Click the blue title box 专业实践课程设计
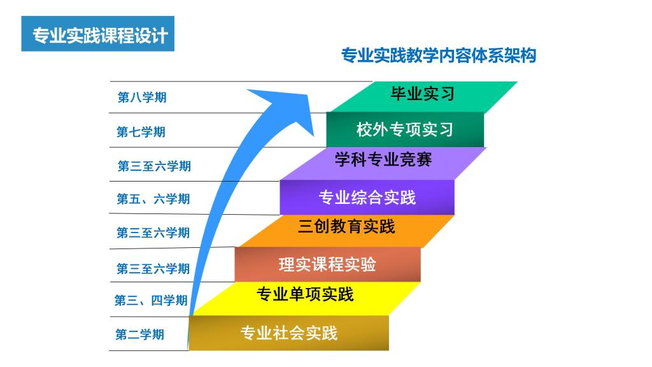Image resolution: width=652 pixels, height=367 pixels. (x=97, y=34)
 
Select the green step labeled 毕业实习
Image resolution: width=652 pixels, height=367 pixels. (x=423, y=97)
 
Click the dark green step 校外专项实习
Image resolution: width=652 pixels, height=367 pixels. (x=405, y=129)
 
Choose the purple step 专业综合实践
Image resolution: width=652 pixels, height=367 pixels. (x=367, y=198)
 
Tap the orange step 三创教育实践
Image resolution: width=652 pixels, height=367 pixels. (x=346, y=231)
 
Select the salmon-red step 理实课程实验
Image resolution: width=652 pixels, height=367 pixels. (x=328, y=264)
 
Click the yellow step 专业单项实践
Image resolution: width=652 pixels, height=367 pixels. (x=306, y=298)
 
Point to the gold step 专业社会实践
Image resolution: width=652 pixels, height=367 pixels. (x=289, y=333)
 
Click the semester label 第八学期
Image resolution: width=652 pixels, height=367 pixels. (x=142, y=97)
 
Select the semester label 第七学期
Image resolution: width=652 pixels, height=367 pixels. (x=141, y=132)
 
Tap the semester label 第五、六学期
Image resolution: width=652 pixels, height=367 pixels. (x=153, y=199)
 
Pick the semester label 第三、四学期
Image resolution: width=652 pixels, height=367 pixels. (x=151, y=300)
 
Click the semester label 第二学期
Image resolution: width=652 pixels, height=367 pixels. (x=139, y=334)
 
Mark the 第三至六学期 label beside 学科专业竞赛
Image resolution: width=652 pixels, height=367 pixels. (x=154, y=166)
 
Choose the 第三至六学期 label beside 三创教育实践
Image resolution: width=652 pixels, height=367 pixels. (x=153, y=233)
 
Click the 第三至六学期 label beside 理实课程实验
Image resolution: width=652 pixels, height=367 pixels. (x=153, y=268)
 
